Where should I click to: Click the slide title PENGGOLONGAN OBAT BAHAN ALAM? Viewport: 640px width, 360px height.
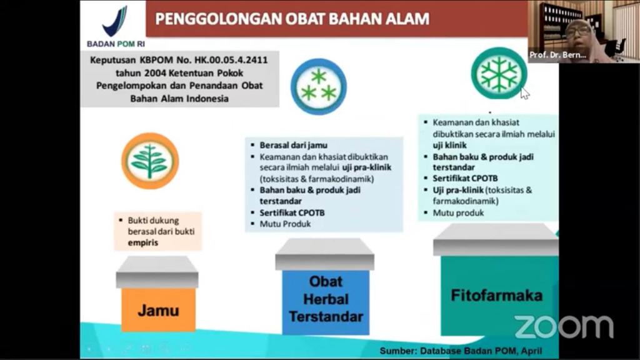pos(292,19)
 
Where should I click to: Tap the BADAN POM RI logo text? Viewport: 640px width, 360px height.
pos(116,44)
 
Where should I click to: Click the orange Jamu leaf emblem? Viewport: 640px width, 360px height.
pos(150,161)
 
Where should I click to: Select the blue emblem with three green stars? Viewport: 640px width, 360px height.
pos(319,86)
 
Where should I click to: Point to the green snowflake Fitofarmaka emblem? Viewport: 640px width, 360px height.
pos(499,73)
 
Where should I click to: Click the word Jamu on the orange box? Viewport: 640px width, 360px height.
pos(158,311)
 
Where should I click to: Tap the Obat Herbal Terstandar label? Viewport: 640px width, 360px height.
pos(326,299)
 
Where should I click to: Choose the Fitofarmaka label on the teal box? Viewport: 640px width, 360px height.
pos(497,296)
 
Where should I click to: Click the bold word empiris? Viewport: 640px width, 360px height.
pos(143,242)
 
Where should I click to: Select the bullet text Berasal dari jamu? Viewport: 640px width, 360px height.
pos(294,145)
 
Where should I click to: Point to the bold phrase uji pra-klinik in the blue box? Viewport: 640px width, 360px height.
pos(366,167)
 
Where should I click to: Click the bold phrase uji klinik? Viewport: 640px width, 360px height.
pos(450,145)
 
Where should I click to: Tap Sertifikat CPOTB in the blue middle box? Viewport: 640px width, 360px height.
pos(292,212)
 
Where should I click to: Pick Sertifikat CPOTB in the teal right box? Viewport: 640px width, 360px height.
pos(465,178)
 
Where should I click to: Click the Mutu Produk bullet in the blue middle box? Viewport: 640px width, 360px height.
pos(285,224)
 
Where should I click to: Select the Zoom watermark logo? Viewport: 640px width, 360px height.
pos(564,326)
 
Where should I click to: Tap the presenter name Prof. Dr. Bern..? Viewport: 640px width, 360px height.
pos(557,55)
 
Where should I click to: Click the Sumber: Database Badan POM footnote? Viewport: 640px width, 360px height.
pos(461,351)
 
